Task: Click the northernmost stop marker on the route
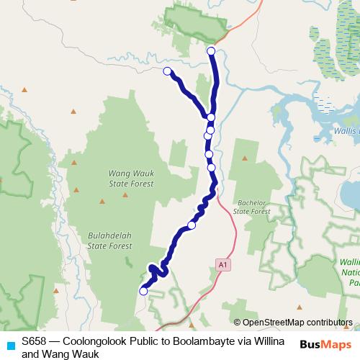point(211,51)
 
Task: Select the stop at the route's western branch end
point(167,71)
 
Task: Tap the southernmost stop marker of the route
point(143,291)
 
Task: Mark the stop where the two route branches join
point(211,117)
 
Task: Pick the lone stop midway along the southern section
point(192,225)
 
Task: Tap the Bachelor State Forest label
point(251,207)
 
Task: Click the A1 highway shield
point(224,266)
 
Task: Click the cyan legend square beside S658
point(9,345)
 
